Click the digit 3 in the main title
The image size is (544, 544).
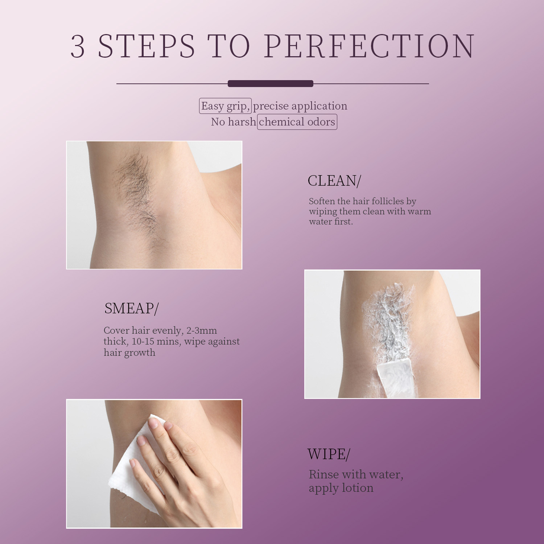[78, 46]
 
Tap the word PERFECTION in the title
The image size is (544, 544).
[369, 46]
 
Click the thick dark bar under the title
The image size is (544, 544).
[270, 84]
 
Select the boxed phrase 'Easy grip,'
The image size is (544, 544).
[225, 106]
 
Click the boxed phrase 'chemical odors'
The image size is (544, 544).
[297, 122]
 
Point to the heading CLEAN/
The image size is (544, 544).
[334, 181]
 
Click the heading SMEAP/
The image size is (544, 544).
[131, 308]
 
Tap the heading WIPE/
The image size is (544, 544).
[329, 454]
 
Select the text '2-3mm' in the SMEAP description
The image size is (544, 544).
[202, 330]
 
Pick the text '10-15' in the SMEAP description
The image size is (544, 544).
[143, 341]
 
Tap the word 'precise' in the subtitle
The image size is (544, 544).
[271, 106]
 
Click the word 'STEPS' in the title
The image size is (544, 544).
[147, 46]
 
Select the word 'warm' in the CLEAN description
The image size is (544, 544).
[419, 211]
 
